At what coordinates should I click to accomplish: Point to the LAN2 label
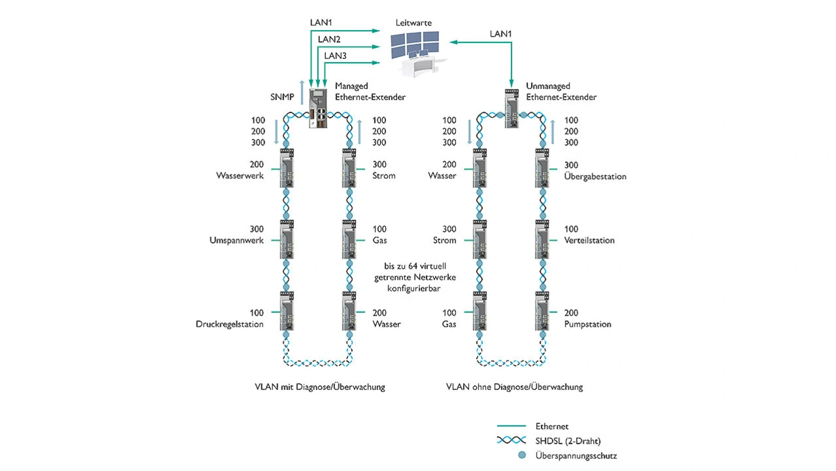[x=329, y=39]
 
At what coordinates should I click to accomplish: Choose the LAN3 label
[x=335, y=56]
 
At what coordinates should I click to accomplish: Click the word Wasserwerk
[x=240, y=176]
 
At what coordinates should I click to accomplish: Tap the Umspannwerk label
[x=236, y=240]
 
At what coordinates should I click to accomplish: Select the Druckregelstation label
[x=230, y=324]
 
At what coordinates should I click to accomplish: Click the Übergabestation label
[x=595, y=176]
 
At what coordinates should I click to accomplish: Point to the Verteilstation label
[x=589, y=240]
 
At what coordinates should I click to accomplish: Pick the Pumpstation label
[x=588, y=324]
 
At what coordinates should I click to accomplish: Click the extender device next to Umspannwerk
[x=287, y=240]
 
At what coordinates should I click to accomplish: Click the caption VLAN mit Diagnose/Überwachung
[x=319, y=387]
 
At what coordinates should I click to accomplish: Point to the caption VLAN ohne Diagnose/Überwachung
[x=515, y=387]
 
